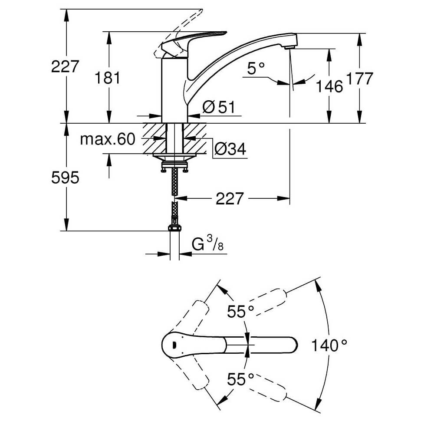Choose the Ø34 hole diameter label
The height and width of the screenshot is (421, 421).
(230, 149)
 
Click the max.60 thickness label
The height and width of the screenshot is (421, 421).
(108, 139)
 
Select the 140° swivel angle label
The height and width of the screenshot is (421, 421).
(329, 345)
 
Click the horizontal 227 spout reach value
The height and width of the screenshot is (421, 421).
(229, 199)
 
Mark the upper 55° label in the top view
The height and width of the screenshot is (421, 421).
(241, 311)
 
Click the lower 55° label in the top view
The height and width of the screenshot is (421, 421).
(241, 379)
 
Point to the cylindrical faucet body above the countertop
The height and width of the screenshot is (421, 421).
(174, 91)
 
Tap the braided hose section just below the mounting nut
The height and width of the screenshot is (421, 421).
(174, 182)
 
